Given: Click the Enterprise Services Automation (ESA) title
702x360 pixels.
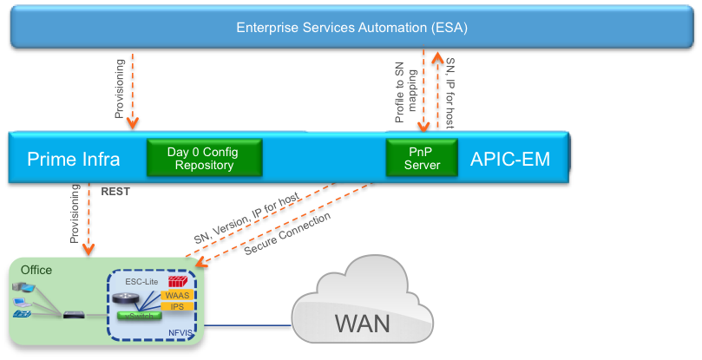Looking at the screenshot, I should [351, 28].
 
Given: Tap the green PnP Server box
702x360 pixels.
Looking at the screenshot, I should [421, 158].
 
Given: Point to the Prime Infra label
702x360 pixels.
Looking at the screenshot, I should [73, 160].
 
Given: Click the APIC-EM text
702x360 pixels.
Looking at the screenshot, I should [509, 160].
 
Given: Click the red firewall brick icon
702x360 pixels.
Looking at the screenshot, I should [177, 282].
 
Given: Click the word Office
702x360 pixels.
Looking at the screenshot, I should [37, 271].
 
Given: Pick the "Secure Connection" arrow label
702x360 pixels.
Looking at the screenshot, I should [287, 234].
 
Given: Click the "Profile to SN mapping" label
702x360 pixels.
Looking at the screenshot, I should [405, 92].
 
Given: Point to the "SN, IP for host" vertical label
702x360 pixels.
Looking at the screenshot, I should [449, 93].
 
